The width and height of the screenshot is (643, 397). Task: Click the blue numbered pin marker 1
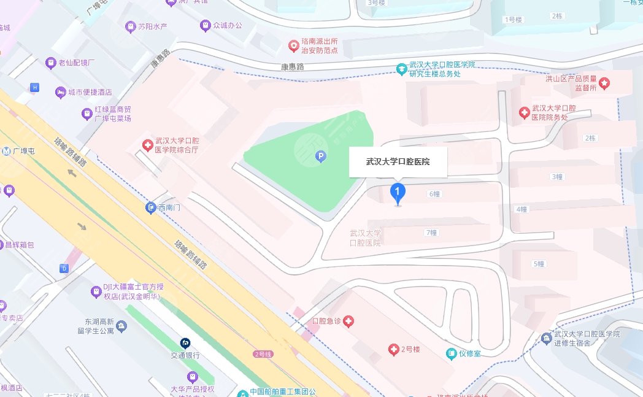398,194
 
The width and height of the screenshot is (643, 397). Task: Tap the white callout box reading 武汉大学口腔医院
398,162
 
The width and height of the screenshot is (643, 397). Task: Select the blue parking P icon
320,158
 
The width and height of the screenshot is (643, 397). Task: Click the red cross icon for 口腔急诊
348,321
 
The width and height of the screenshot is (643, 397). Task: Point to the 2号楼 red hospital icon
394,350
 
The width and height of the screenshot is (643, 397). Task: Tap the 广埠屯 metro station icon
6,151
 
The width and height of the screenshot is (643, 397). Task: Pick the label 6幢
434,194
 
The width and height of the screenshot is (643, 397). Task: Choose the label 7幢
431,233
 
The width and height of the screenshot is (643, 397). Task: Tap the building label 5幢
539,264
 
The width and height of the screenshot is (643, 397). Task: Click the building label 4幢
521,209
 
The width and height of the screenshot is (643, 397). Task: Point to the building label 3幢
556,177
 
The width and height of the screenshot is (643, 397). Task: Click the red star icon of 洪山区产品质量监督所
604,83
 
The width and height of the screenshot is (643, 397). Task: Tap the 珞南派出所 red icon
295,45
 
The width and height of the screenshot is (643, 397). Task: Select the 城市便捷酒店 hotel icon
60,92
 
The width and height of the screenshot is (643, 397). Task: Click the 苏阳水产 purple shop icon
129,26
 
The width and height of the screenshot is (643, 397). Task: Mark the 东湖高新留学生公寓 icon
121,326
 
